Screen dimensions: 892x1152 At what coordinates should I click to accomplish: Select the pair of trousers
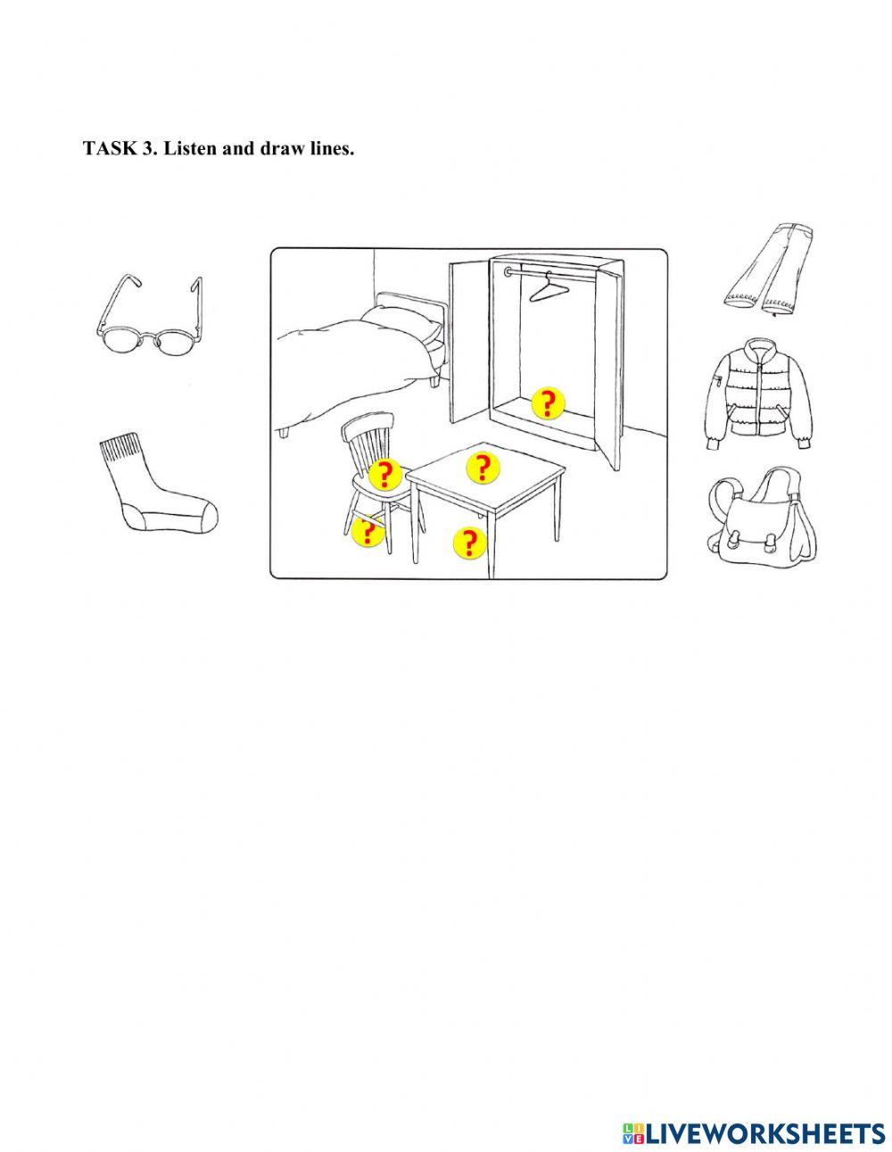click(x=767, y=270)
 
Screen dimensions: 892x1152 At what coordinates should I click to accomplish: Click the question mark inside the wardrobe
click(x=548, y=403)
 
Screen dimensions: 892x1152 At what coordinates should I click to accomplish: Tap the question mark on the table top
click(x=483, y=467)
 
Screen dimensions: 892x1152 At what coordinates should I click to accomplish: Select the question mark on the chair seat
click(x=385, y=474)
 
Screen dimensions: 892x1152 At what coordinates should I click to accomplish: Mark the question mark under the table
click(x=469, y=542)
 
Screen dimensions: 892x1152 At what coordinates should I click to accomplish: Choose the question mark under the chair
click(x=368, y=531)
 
